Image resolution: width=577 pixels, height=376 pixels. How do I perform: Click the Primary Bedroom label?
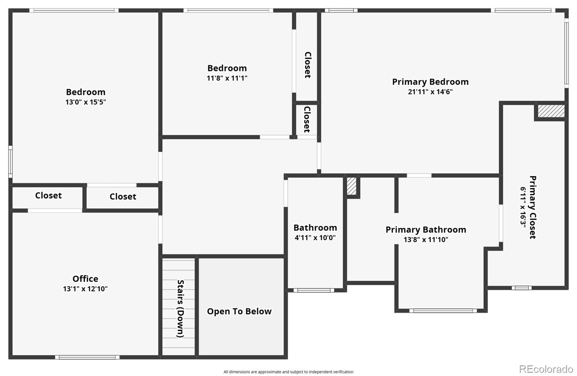(430, 82)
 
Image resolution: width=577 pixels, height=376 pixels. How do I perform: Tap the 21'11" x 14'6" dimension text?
(430, 92)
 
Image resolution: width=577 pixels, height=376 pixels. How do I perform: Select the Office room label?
(85, 279)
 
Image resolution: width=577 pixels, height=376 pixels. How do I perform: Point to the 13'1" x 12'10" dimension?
(85, 289)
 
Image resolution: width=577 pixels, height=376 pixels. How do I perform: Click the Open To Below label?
(239, 311)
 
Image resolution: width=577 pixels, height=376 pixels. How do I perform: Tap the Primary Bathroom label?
(426, 230)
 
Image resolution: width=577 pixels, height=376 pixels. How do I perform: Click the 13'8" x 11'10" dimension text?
(426, 240)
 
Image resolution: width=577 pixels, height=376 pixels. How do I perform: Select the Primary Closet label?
(533, 207)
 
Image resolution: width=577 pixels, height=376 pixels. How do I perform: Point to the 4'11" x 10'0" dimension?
(315, 238)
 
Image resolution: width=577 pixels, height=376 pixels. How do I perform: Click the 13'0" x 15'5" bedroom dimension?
(85, 102)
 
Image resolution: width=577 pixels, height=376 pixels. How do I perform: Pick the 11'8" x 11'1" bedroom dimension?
(227, 78)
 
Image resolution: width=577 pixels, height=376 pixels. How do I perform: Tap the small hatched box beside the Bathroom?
(351, 186)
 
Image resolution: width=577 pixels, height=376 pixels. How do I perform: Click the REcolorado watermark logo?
(546, 369)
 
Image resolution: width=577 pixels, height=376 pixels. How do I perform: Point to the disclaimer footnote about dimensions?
(288, 372)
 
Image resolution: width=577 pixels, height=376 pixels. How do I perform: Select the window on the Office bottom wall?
(87, 357)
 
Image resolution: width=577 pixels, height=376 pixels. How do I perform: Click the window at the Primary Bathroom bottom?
(443, 311)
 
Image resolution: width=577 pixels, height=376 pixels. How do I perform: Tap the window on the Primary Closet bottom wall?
(521, 288)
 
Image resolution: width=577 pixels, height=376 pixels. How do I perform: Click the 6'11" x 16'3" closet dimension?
(523, 207)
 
